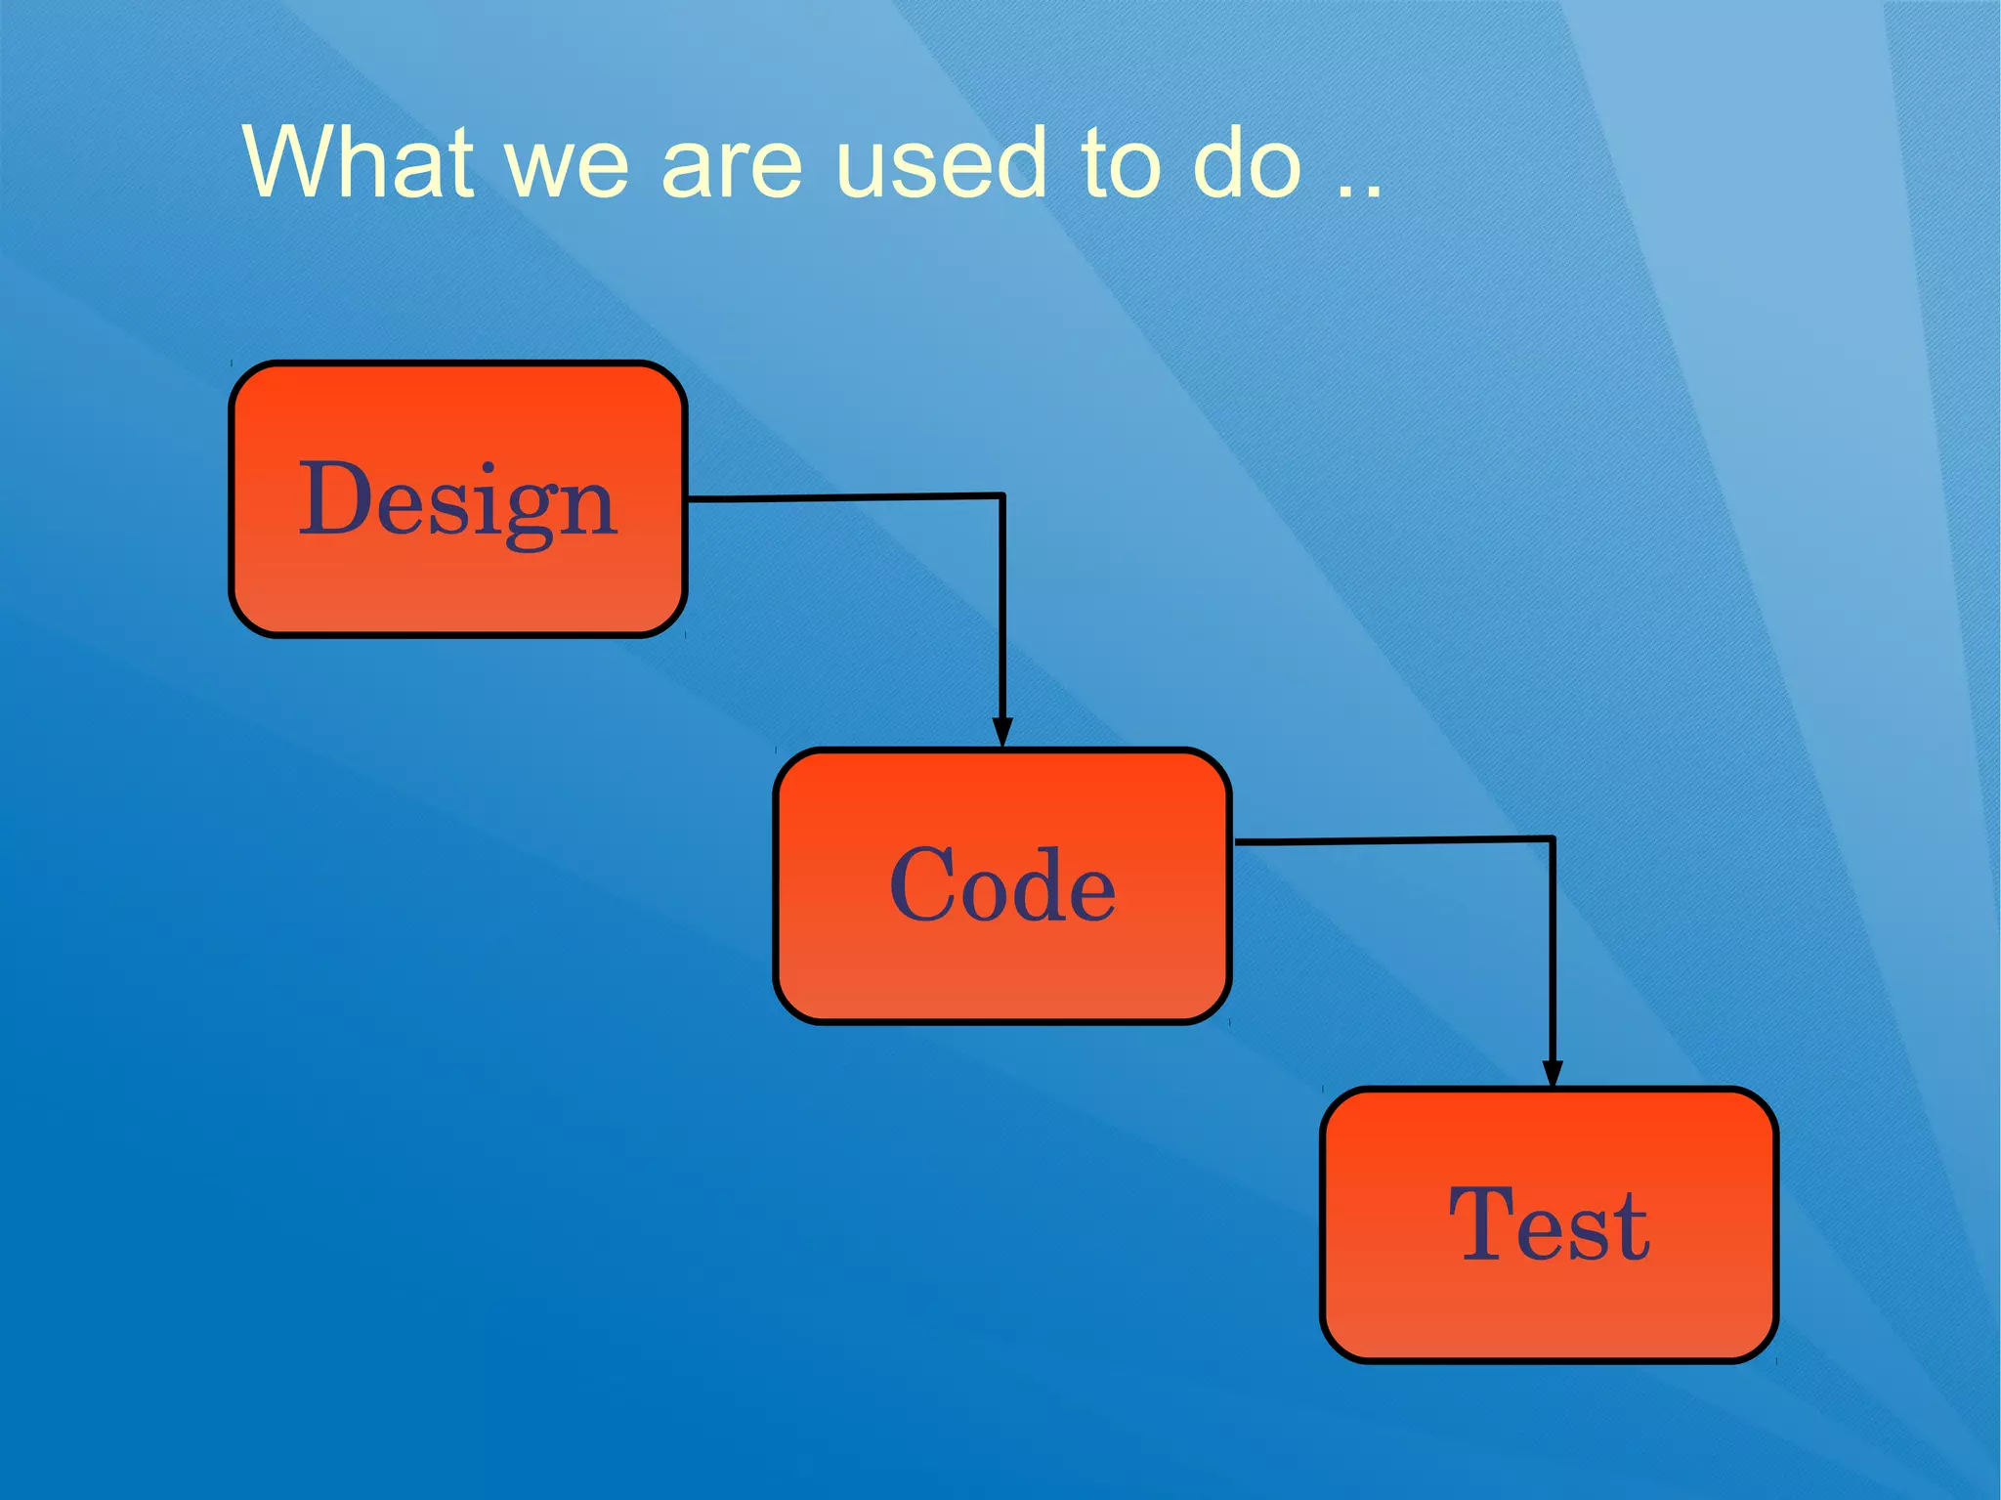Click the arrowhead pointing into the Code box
(1001, 733)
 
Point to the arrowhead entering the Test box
(1552, 1073)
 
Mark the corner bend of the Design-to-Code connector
(1002, 495)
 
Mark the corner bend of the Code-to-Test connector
(1553, 838)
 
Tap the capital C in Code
(924, 884)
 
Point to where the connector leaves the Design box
(689, 498)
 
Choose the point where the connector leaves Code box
(1235, 840)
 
